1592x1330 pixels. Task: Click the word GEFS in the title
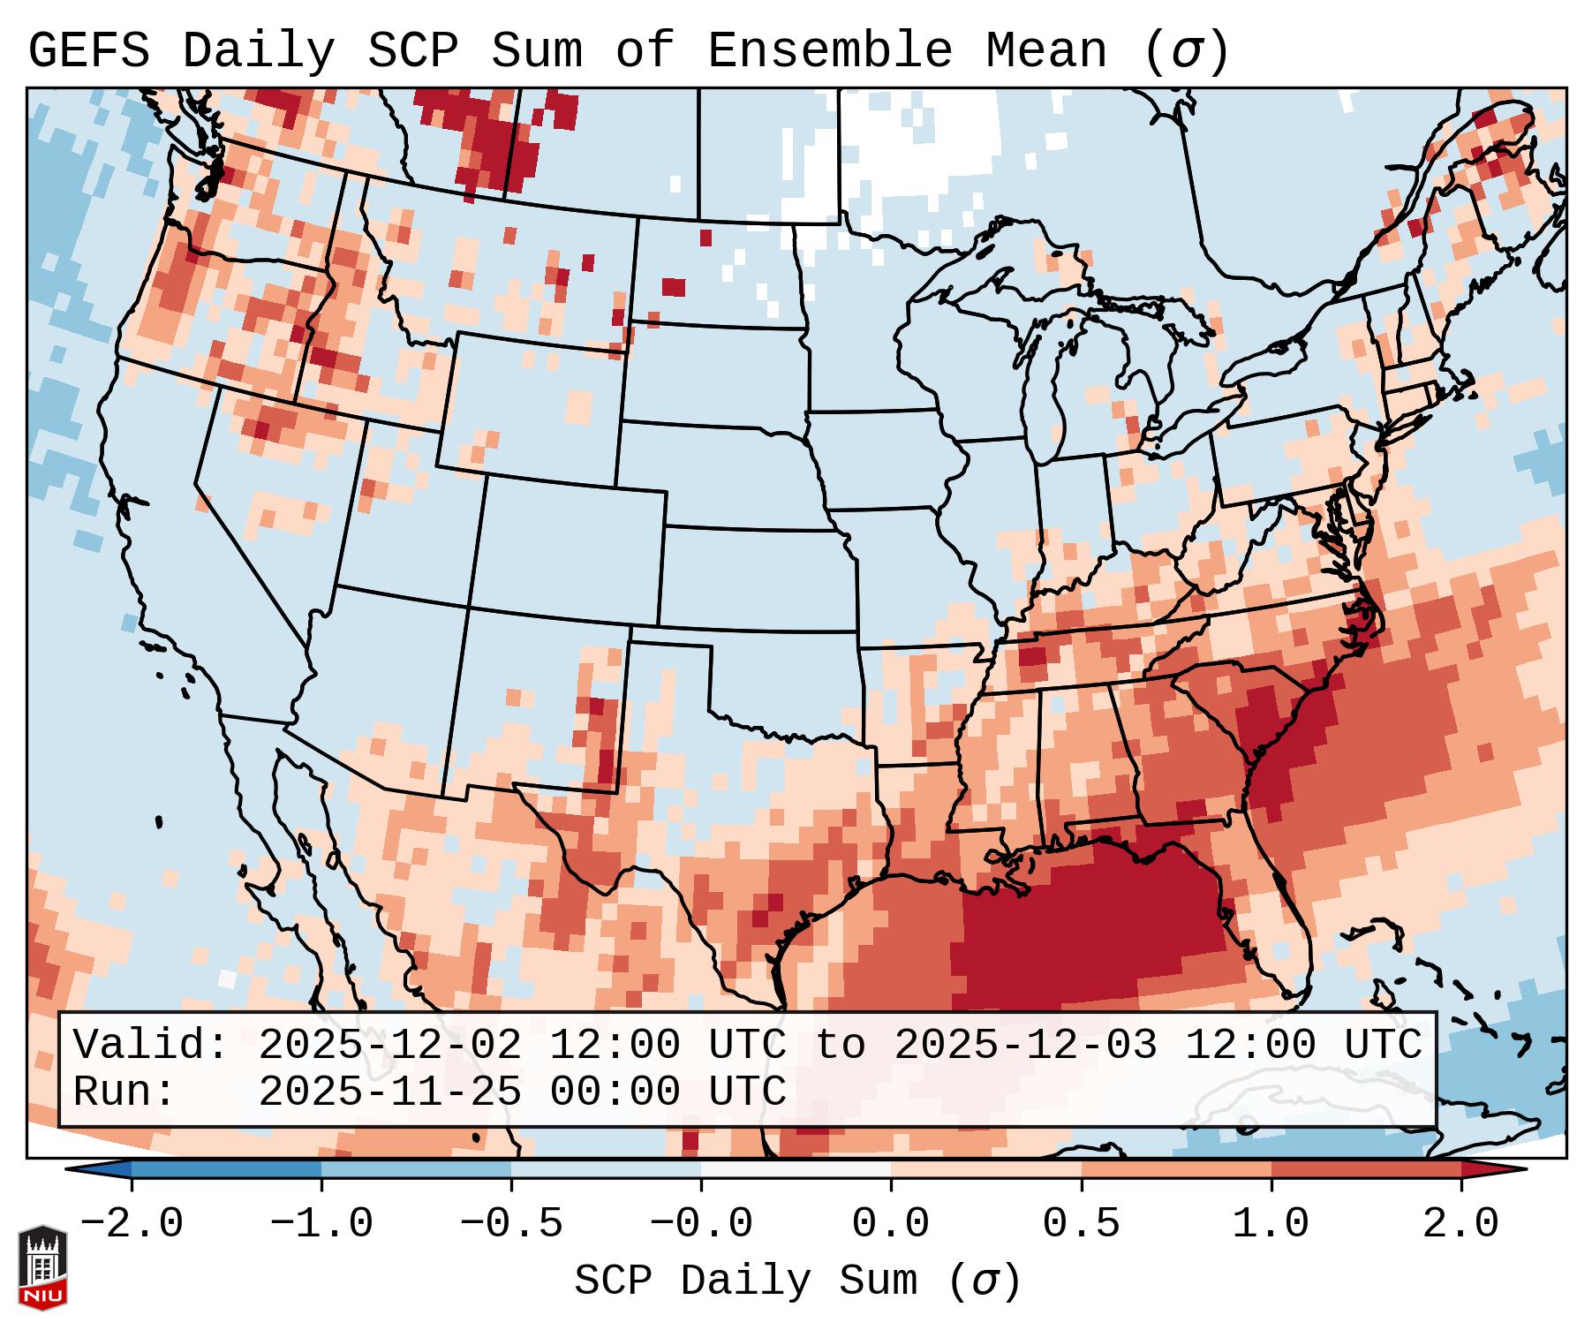pyautogui.click(x=88, y=51)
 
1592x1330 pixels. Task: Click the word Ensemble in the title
pyautogui.click(x=829, y=51)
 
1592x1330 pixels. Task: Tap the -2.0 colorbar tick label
pyautogui.click(x=132, y=1224)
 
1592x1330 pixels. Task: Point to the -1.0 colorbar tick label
pyautogui.click(x=321, y=1224)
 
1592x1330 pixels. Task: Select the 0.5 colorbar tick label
pyautogui.click(x=1082, y=1224)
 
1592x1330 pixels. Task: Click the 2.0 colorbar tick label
pyautogui.click(x=1461, y=1224)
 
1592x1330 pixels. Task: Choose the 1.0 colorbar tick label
pyautogui.click(x=1271, y=1224)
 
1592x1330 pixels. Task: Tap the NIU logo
pyautogui.click(x=43, y=1266)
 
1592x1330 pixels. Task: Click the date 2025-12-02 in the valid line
pyautogui.click(x=389, y=1046)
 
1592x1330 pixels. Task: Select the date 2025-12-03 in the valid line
pyautogui.click(x=1025, y=1046)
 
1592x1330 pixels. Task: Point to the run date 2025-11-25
pyautogui.click(x=389, y=1092)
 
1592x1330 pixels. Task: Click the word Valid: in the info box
pyautogui.click(x=150, y=1046)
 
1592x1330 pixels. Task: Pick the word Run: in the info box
pyautogui.click(x=124, y=1092)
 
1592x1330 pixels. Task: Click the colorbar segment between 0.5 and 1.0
pyautogui.click(x=1176, y=1169)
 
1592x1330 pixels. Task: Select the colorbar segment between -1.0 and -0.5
pyautogui.click(x=416, y=1169)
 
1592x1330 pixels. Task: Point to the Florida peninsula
pyautogui.click(x=1271, y=927)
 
